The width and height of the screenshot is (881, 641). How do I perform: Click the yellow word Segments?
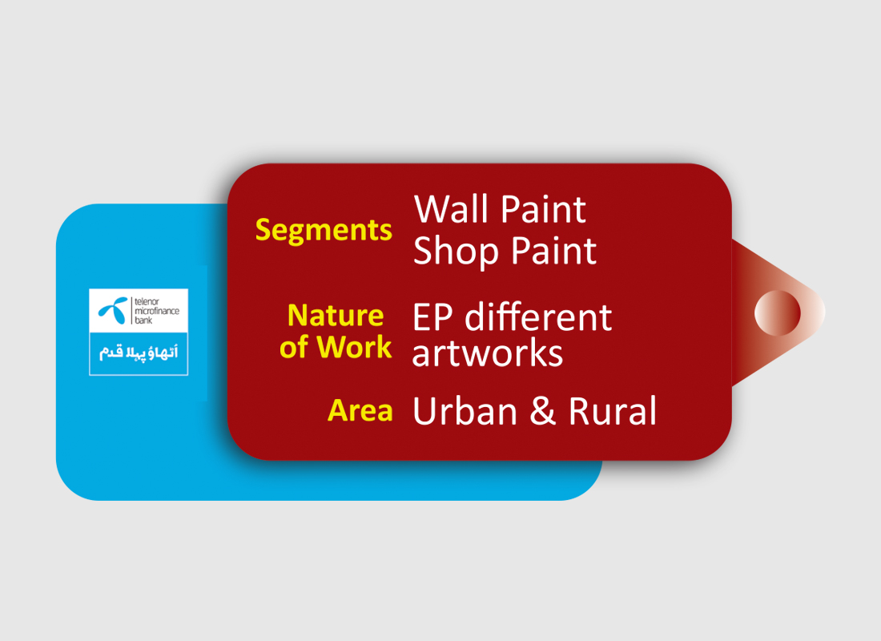click(x=324, y=231)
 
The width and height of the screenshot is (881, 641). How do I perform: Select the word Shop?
click(x=456, y=252)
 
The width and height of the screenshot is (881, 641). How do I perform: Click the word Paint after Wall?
click(x=543, y=209)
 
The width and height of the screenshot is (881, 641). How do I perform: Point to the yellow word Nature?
click(x=336, y=316)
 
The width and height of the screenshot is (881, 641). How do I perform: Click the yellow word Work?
click(x=354, y=347)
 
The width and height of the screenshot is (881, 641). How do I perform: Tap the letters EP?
click(x=432, y=317)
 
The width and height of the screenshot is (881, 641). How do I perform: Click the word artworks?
click(x=488, y=353)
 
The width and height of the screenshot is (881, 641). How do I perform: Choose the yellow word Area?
click(x=360, y=410)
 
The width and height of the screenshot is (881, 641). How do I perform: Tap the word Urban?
click(x=465, y=410)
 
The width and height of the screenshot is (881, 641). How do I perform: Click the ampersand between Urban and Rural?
click(x=542, y=410)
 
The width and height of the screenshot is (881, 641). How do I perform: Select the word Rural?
click(x=613, y=410)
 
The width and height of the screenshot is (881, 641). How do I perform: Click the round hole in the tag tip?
click(x=777, y=313)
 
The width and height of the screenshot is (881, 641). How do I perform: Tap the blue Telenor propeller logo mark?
click(x=114, y=310)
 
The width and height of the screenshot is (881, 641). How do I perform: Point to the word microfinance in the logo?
click(x=157, y=311)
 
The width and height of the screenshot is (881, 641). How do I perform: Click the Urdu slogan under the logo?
click(x=139, y=353)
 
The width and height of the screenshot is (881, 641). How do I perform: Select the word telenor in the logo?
click(x=147, y=302)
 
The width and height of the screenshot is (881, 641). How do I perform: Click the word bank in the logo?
click(x=143, y=320)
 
